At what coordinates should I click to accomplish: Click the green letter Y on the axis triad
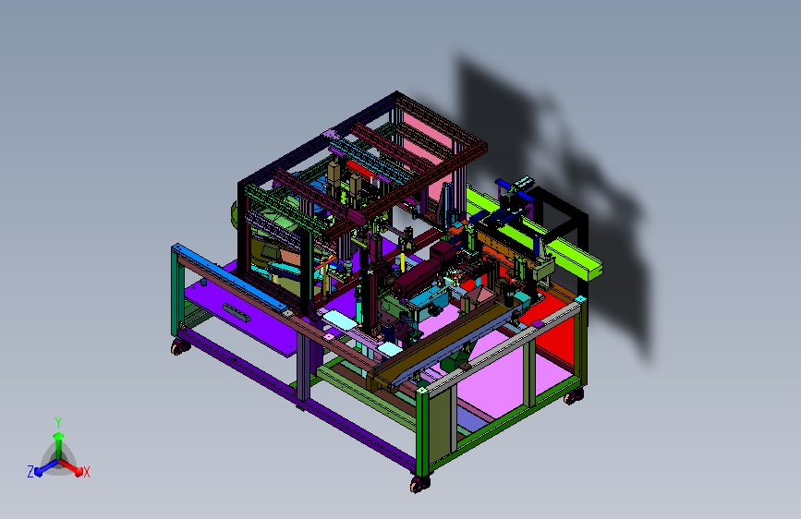click(58, 423)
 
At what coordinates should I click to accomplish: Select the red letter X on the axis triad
click(86, 472)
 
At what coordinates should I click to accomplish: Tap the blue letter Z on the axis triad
click(30, 472)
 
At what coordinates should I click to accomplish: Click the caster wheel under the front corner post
click(419, 484)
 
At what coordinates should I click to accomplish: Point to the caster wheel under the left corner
click(180, 347)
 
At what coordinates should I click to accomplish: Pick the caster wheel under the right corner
click(574, 395)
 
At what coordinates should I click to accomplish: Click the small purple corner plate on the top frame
click(331, 134)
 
